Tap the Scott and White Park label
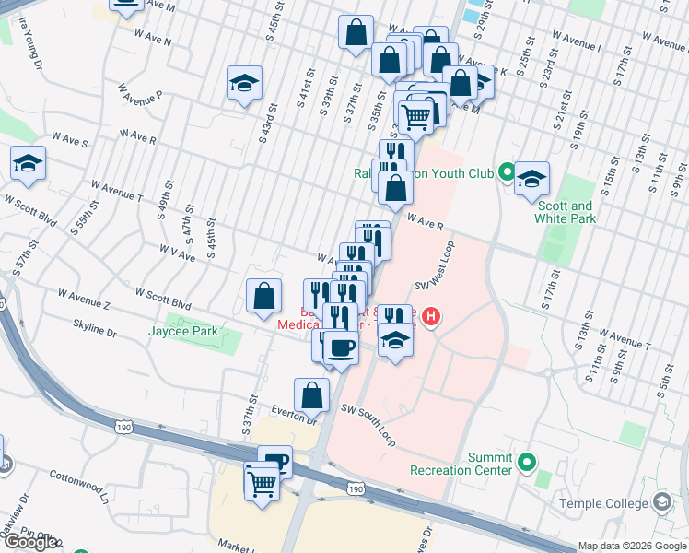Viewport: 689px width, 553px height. click(x=566, y=212)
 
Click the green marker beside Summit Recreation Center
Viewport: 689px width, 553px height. click(x=526, y=462)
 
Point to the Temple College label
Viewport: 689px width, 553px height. click(x=603, y=503)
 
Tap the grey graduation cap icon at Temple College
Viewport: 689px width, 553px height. click(x=661, y=502)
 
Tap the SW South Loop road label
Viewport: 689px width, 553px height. click(x=368, y=424)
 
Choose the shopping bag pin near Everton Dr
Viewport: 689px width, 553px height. click(x=311, y=394)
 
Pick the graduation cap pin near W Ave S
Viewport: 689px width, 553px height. click(x=29, y=163)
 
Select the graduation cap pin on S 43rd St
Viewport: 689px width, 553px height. click(x=245, y=83)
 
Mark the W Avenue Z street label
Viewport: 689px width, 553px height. click(x=84, y=299)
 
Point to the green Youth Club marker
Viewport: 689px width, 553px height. click(x=506, y=171)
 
